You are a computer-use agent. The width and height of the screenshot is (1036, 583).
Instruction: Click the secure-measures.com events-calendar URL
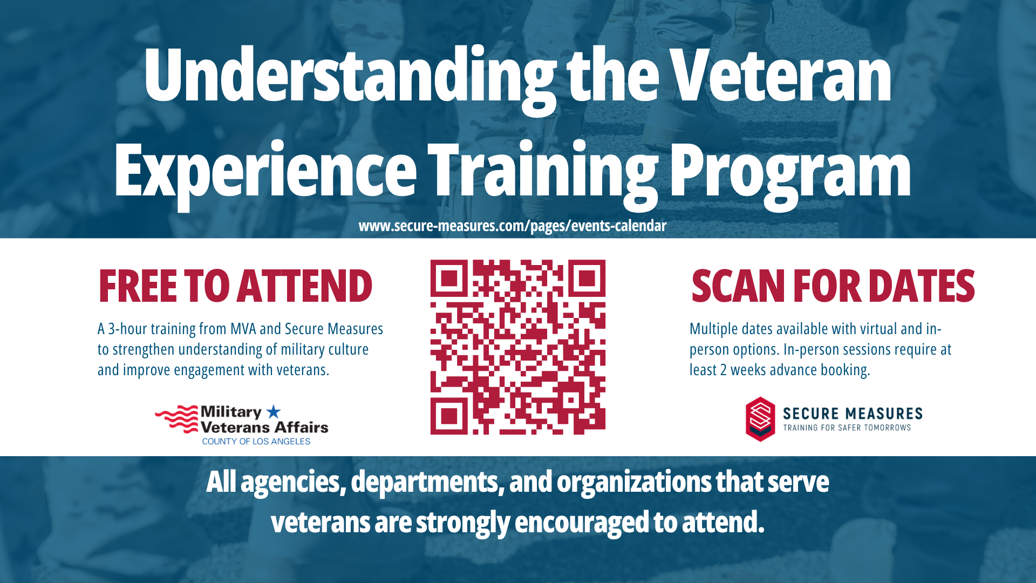(x=513, y=226)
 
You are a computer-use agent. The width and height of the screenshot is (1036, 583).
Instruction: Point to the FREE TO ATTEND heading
(x=235, y=286)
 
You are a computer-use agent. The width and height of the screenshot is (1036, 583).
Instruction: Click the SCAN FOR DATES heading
(x=833, y=286)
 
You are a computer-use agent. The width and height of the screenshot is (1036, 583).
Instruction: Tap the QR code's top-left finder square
(x=449, y=279)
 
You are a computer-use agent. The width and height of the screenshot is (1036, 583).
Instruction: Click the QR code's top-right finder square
(x=587, y=279)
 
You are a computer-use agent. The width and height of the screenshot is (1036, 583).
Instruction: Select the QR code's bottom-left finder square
(x=449, y=416)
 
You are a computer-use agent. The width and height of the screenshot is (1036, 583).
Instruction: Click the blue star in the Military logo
(x=274, y=412)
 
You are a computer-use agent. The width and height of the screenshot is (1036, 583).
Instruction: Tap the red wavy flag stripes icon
(x=177, y=419)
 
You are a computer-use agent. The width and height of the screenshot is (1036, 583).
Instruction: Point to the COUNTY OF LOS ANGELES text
(x=256, y=442)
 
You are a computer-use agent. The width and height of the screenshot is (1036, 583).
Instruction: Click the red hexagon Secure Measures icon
(x=760, y=419)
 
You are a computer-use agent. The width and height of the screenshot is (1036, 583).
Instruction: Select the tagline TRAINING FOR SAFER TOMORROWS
(x=847, y=428)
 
